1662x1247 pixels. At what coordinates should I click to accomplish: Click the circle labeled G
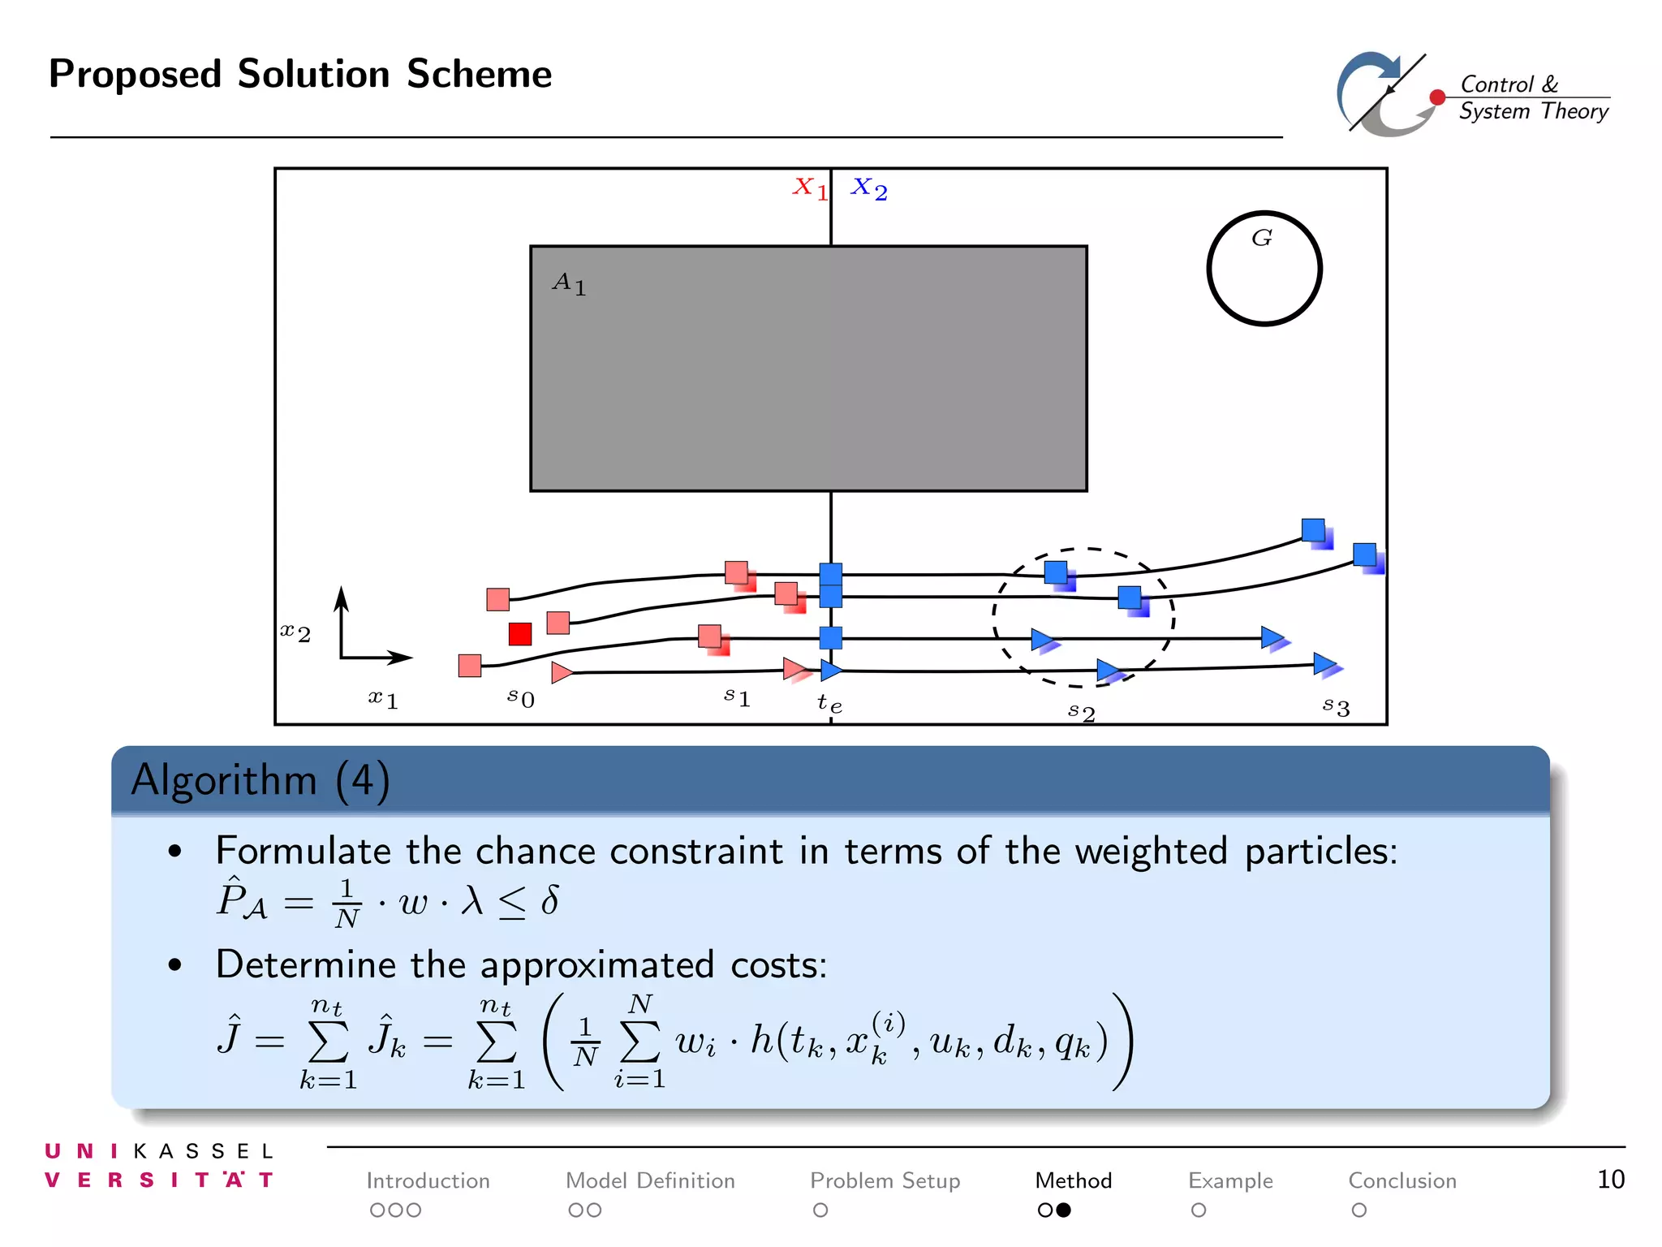(x=1264, y=269)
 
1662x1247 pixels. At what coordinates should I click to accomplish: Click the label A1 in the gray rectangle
(x=569, y=283)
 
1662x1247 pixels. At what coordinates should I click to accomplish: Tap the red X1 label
(x=810, y=188)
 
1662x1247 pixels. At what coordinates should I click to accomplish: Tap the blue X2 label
(x=868, y=188)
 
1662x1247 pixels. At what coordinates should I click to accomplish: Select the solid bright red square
(x=520, y=634)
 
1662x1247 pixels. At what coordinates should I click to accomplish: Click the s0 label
(x=521, y=697)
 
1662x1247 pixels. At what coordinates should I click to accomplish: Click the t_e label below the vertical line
(x=829, y=703)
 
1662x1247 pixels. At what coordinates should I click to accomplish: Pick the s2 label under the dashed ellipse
(x=1082, y=712)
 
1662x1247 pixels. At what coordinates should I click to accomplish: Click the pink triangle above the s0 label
(x=561, y=672)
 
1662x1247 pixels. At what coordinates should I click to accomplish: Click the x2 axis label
(x=295, y=632)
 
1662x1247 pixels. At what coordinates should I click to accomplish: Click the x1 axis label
(x=383, y=697)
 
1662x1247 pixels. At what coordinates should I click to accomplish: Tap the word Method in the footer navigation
(x=1073, y=1180)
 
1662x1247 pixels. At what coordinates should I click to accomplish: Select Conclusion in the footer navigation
(x=1402, y=1180)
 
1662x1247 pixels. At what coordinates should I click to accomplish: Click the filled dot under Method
(x=1063, y=1210)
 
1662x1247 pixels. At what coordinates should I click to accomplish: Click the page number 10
(x=1610, y=1180)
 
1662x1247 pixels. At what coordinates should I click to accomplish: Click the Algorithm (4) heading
(x=260, y=780)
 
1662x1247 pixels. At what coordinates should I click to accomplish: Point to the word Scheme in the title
(x=479, y=75)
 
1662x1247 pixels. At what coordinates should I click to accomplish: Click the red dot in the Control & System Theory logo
(x=1437, y=97)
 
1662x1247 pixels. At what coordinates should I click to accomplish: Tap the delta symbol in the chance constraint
(x=549, y=900)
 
